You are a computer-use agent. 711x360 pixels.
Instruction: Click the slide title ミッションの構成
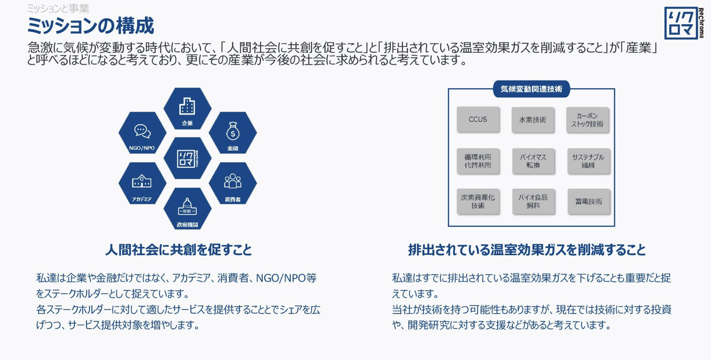90,25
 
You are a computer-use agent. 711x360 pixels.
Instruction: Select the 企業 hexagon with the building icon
187,110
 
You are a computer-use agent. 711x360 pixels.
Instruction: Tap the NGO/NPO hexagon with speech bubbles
142,134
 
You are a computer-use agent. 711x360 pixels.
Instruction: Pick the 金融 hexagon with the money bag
233,134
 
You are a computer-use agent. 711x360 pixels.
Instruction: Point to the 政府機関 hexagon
187,209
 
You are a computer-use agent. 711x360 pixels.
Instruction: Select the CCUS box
478,120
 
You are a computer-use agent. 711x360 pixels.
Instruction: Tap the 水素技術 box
533,120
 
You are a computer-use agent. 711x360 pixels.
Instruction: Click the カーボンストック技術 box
588,120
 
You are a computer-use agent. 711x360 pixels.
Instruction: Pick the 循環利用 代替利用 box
478,161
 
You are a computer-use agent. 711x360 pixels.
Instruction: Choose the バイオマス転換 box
533,161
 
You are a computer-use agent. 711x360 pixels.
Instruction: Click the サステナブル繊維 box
588,161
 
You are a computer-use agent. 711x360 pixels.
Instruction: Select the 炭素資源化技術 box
478,201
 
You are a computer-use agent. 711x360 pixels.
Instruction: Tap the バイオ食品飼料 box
533,201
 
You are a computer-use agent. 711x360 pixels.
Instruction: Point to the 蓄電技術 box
588,201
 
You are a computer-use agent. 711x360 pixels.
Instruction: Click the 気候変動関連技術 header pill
531,89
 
